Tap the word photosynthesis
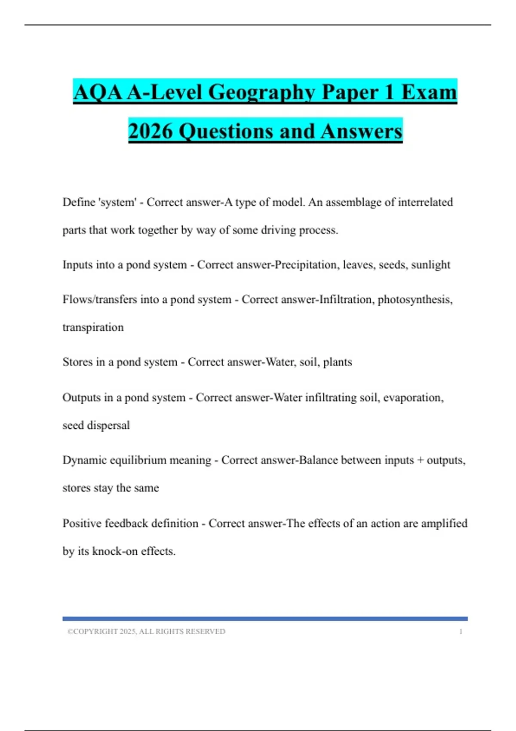click(415, 299)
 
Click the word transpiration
click(93, 327)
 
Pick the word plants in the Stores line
click(337, 362)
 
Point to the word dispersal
click(108, 425)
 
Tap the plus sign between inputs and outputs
click(420, 460)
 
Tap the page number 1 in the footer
click(461, 632)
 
